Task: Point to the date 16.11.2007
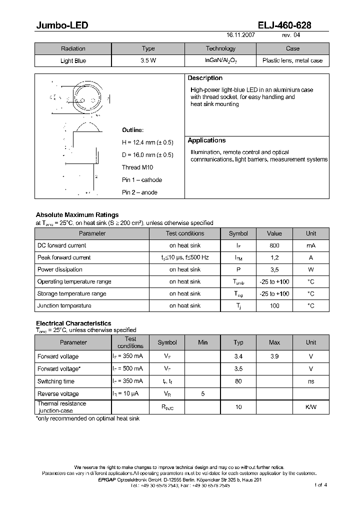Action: click(x=240, y=36)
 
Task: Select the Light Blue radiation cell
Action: click(x=73, y=61)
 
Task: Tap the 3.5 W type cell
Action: click(x=148, y=61)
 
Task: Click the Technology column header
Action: click(x=220, y=48)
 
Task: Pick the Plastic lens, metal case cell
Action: click(x=292, y=61)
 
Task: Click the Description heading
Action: click(x=205, y=78)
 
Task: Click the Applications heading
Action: click(x=206, y=140)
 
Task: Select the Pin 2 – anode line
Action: click(x=139, y=192)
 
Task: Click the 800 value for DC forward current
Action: click(x=274, y=245)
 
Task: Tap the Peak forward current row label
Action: click(x=64, y=257)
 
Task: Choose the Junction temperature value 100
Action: click(x=274, y=305)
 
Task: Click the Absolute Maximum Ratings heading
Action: click(x=77, y=215)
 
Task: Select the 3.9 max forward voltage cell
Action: click(x=274, y=356)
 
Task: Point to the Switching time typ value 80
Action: click(x=238, y=381)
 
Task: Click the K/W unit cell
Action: click(x=311, y=407)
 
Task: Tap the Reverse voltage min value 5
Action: click(x=203, y=394)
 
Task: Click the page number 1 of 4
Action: click(x=320, y=485)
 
